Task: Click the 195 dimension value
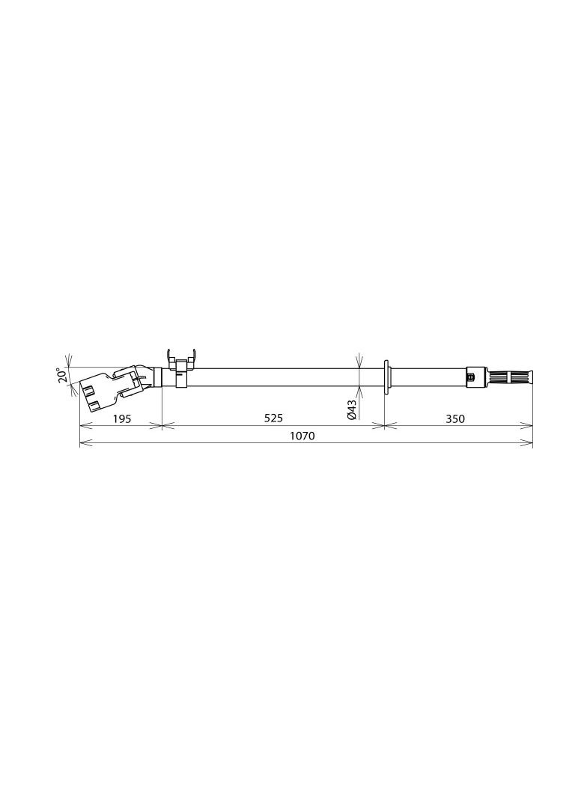coord(122,418)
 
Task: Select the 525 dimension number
coord(273,418)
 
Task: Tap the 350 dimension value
coord(455,418)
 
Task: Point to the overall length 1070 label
coord(302,436)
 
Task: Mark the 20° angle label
coord(62,376)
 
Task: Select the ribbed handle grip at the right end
coord(509,377)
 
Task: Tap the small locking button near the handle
coord(470,377)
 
